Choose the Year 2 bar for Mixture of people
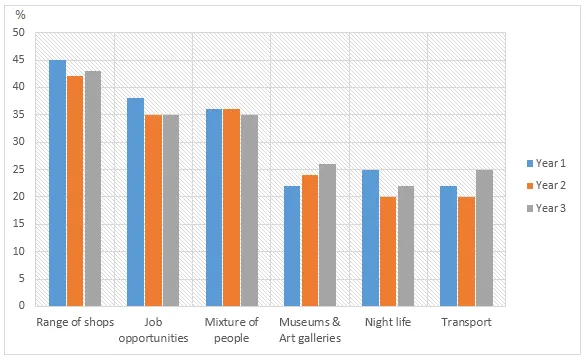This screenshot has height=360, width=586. (231, 207)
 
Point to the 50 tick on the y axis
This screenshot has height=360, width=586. (17, 33)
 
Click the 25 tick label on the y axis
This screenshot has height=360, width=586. (17, 169)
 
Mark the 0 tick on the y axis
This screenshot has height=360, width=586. (20, 306)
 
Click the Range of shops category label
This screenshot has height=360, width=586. (75, 322)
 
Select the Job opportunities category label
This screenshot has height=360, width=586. (153, 329)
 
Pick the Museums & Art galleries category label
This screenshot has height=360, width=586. (310, 329)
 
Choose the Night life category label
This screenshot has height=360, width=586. (388, 322)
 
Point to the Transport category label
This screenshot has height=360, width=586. (466, 322)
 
